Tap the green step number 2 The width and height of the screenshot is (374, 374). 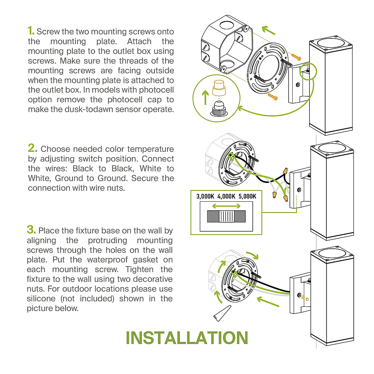(32, 148)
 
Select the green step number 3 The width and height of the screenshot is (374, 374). (31, 229)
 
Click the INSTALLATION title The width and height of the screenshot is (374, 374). (187, 338)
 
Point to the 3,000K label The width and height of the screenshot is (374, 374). (205, 196)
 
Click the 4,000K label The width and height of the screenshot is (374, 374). (226, 196)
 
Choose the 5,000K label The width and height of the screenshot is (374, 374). (247, 196)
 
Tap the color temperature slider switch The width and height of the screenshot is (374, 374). (226, 216)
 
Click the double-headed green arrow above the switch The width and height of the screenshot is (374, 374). (226, 206)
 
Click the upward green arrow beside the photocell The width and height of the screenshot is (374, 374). (205, 97)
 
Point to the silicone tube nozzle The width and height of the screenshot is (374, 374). (222, 313)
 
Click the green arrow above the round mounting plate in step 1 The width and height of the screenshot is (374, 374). (268, 30)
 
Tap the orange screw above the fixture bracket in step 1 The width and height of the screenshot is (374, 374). (296, 57)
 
